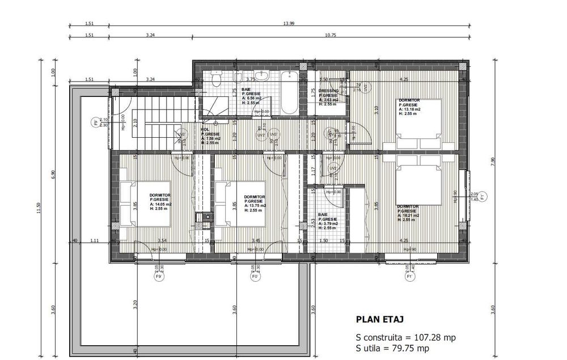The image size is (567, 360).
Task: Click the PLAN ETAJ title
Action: pos(379,320)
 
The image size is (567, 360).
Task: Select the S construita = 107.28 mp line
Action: pos(405,337)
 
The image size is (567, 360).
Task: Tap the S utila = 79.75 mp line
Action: pos(392,348)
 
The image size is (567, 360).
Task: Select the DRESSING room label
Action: pos(328,91)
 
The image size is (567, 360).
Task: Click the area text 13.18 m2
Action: pos(412,109)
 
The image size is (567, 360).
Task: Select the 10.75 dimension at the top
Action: pos(330,35)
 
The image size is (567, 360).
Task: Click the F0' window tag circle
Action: pos(255,278)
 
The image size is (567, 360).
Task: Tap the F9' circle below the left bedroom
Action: pos(159,278)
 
